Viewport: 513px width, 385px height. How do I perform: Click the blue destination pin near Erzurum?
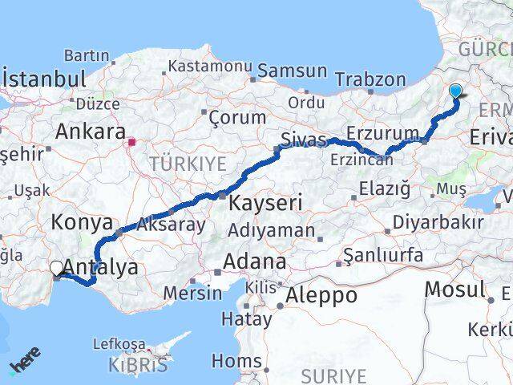click(456, 91)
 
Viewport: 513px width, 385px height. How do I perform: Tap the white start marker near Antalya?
click(57, 269)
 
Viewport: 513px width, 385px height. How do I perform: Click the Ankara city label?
click(91, 132)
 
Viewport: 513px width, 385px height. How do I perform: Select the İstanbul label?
click(44, 80)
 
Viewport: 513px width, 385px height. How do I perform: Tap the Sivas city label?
click(304, 142)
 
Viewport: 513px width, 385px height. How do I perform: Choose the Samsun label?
click(293, 71)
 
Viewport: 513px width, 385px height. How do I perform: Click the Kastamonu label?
click(211, 66)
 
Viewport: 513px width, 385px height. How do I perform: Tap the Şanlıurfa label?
click(382, 257)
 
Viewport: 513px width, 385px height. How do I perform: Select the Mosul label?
click(454, 290)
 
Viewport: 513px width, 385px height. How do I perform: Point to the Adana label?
click(255, 261)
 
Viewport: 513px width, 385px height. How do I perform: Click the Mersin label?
click(192, 293)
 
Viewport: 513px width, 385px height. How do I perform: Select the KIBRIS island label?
click(140, 365)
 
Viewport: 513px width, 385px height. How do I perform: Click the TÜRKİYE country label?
click(188, 164)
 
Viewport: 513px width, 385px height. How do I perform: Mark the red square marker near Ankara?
click(132, 144)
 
